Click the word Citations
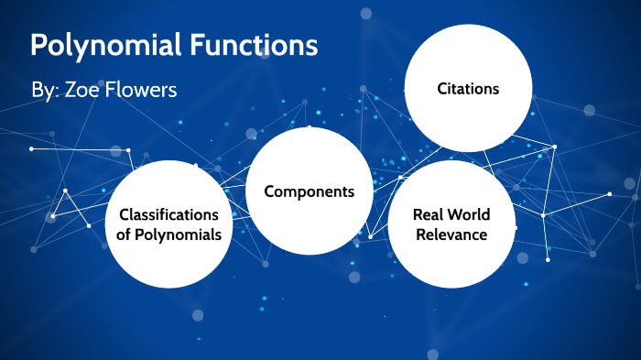468,89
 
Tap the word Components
309,191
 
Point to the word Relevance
451,235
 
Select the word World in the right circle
470,215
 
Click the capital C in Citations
440,89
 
